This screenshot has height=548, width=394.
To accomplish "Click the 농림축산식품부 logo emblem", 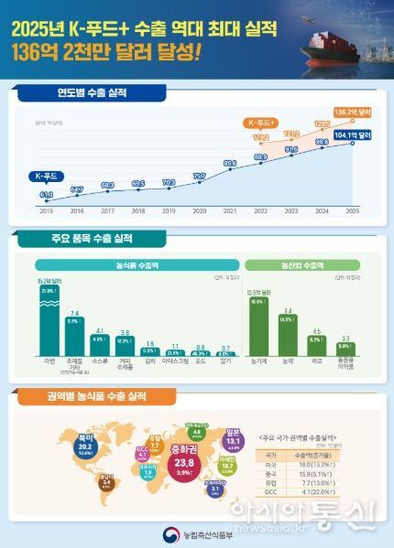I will (165, 531).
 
